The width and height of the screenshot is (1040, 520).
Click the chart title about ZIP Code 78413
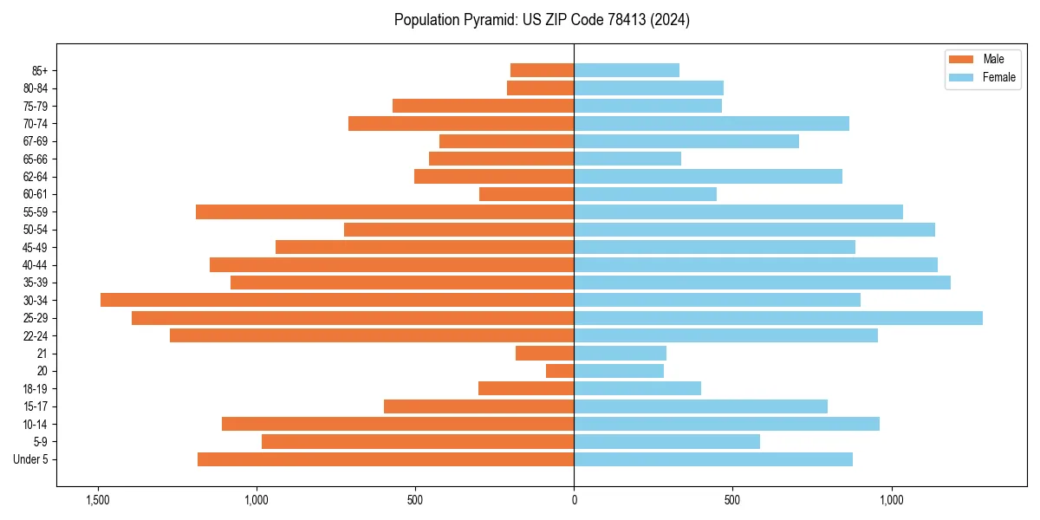pyautogui.click(x=542, y=20)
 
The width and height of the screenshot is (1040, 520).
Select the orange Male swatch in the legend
pyautogui.click(x=961, y=59)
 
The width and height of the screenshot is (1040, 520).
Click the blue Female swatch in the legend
pyautogui.click(x=961, y=77)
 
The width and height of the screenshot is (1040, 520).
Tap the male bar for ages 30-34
pyautogui.click(x=337, y=300)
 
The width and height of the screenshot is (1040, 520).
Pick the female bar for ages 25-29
pyautogui.click(x=777, y=318)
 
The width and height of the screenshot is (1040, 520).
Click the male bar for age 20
pyautogui.click(x=560, y=371)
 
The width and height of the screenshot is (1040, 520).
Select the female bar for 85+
pyautogui.click(x=627, y=70)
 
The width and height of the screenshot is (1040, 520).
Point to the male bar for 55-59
pyautogui.click(x=385, y=211)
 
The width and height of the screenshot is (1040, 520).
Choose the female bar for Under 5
pyautogui.click(x=713, y=459)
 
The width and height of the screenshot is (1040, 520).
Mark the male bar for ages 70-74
pyautogui.click(x=461, y=123)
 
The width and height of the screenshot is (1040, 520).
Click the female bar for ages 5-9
pyautogui.click(x=666, y=441)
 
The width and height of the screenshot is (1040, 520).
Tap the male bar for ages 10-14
pyautogui.click(x=398, y=424)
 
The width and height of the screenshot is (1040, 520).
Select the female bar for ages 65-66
pyautogui.click(x=627, y=159)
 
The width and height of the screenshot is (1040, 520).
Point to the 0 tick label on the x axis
pyautogui.click(x=574, y=500)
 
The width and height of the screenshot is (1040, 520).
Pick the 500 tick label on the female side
pyautogui.click(x=732, y=500)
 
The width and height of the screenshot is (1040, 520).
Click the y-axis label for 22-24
pyautogui.click(x=36, y=335)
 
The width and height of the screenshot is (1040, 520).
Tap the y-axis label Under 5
pyautogui.click(x=31, y=459)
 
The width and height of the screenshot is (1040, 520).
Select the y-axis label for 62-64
pyautogui.click(x=36, y=177)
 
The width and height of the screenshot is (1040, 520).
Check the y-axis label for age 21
pyautogui.click(x=42, y=354)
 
